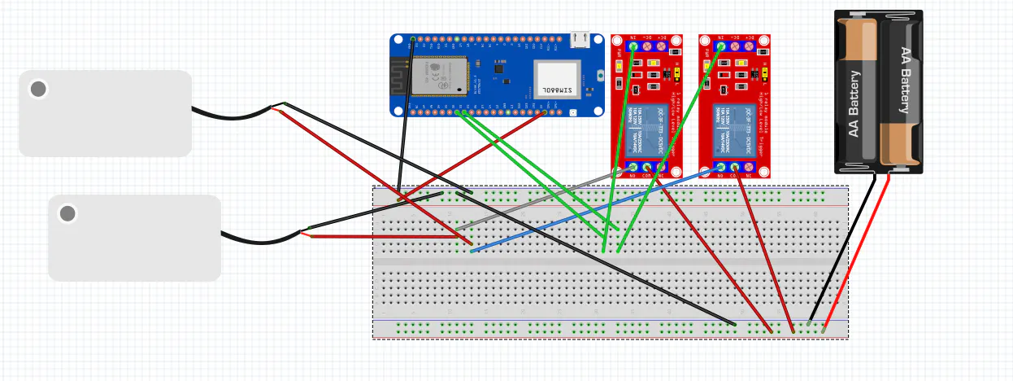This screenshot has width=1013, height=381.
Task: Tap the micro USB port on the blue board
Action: coord(580,38)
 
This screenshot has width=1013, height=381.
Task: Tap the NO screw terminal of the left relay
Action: coord(633,169)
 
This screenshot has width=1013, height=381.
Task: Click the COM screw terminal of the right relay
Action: coord(734,169)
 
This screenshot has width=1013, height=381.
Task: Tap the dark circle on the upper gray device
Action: coord(38,89)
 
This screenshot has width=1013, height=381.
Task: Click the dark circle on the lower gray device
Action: coord(67,213)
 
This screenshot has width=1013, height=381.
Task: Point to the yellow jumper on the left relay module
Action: coord(676,75)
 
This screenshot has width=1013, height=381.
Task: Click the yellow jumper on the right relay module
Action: coord(764,75)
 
